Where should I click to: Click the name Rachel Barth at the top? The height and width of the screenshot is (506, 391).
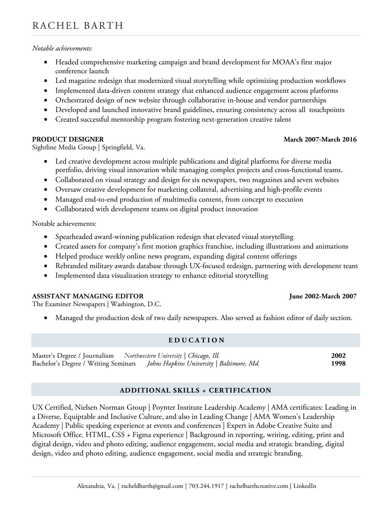(x=77, y=26)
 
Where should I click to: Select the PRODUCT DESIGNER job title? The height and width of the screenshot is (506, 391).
(x=68, y=139)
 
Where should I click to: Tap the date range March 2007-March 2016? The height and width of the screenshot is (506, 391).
(x=320, y=139)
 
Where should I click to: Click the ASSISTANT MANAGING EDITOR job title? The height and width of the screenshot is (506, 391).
(x=88, y=296)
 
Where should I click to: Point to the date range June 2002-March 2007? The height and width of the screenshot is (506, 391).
(x=323, y=296)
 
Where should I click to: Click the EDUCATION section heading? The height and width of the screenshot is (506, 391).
(x=196, y=340)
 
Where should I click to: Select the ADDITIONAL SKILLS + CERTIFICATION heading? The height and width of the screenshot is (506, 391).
(x=195, y=390)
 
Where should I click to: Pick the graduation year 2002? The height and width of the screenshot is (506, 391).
(x=338, y=355)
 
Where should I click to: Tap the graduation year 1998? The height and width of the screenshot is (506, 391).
(x=338, y=363)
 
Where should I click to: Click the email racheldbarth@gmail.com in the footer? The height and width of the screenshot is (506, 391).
(x=152, y=486)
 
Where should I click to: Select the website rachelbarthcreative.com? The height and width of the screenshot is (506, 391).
(x=259, y=486)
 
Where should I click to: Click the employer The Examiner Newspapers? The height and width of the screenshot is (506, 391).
(x=69, y=304)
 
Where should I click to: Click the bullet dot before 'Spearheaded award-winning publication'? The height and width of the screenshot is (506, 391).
(x=45, y=237)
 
